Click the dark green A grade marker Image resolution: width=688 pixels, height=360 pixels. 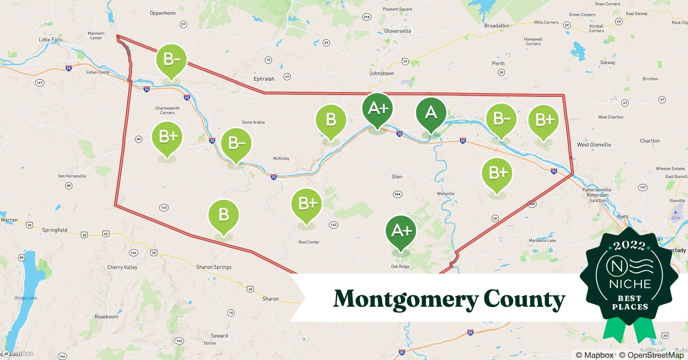click(431, 113)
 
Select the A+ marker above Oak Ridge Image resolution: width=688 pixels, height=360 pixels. click(401, 231)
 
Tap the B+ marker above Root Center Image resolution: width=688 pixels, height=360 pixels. click(307, 204)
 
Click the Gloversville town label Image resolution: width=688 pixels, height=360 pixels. click(398, 31)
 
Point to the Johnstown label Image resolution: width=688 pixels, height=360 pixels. click(381, 73)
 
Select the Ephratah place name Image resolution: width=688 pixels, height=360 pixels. click(264, 79)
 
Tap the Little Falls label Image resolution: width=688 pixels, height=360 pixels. click(50, 40)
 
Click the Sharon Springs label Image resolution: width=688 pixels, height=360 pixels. click(214, 267)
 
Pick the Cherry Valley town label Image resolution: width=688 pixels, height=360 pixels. click(122, 267)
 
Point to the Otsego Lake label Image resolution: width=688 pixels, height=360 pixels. click(25, 298)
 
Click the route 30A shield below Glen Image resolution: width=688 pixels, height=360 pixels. click(397, 194)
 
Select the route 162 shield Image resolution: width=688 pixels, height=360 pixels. click(333, 225)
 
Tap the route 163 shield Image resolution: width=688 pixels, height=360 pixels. click(164, 207)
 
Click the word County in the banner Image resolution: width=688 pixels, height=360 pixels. click(524, 299)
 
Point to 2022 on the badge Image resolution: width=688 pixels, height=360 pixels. click(629, 246)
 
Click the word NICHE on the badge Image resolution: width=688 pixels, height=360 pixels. click(630, 284)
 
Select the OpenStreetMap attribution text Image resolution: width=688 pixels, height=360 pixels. click(651, 355)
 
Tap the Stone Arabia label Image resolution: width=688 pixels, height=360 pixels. click(253, 122)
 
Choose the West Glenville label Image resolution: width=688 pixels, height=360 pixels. click(594, 145)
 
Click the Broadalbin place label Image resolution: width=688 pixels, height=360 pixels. click(497, 26)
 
